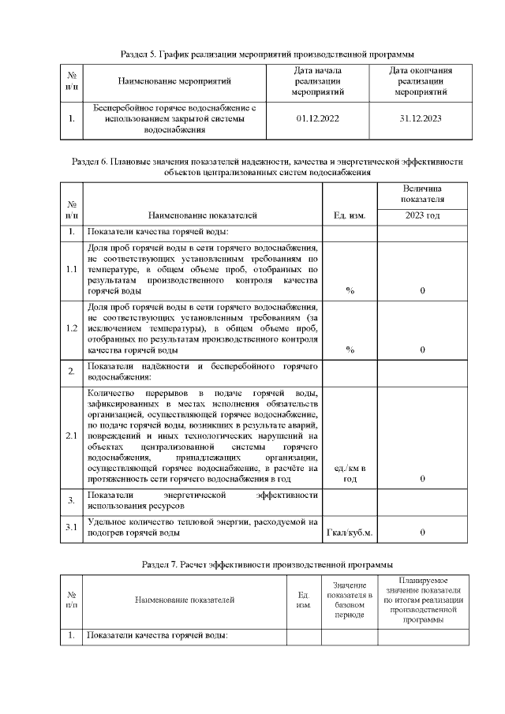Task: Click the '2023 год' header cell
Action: click(422, 215)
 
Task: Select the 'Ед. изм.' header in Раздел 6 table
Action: click(350, 215)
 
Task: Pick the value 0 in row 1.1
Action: click(422, 291)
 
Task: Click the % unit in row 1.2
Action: click(350, 350)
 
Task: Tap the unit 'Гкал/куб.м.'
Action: click(350, 533)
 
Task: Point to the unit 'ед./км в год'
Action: click(350, 474)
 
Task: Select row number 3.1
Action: click(71, 527)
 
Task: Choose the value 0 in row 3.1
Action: click(422, 533)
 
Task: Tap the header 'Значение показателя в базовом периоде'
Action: click(349, 600)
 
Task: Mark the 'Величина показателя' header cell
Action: click(422, 194)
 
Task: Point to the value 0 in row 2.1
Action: click(422, 479)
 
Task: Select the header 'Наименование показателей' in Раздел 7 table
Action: click(185, 600)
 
